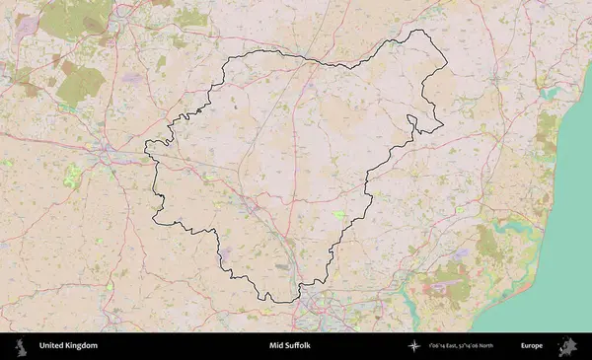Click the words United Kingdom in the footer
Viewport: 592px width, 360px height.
tap(68, 346)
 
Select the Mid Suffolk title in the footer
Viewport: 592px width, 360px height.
tap(289, 346)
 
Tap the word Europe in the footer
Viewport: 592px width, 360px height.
tap(532, 346)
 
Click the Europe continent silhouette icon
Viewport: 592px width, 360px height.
tap(568, 346)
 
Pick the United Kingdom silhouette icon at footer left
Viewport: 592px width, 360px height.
tap(21, 346)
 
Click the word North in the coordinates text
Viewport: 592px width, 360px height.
tap(510, 346)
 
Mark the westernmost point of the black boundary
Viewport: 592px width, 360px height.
tap(146, 148)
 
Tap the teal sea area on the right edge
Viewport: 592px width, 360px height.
tap(567, 197)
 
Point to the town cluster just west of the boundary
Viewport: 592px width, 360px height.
tap(107, 153)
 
